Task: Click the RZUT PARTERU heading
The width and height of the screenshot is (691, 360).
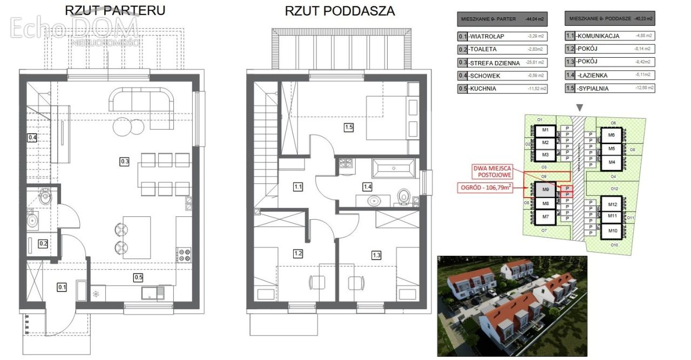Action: click(115, 11)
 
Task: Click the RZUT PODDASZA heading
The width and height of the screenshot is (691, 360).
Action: click(340, 11)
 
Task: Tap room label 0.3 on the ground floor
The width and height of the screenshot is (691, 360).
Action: click(125, 160)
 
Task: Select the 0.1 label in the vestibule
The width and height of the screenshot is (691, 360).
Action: click(62, 287)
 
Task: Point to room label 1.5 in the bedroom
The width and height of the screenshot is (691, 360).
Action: click(349, 127)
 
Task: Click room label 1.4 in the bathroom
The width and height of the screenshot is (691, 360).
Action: click(368, 187)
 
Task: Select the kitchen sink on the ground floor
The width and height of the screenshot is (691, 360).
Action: click(153, 293)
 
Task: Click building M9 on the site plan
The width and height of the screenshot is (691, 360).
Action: click(546, 190)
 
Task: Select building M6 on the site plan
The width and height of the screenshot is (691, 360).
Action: click(611, 135)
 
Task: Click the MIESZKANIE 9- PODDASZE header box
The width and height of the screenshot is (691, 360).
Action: click(609, 19)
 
